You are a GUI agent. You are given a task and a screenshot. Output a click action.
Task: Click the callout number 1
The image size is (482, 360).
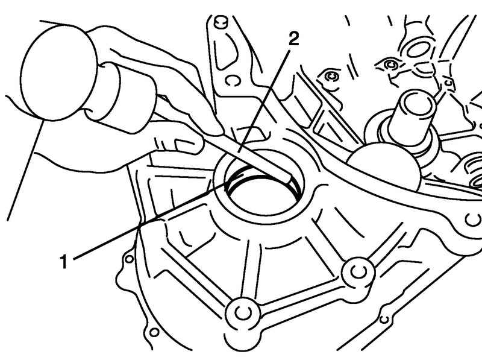[x=63, y=261]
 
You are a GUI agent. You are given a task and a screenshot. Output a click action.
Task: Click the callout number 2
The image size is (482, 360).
[x=294, y=39]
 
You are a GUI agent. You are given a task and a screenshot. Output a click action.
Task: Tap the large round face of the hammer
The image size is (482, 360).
[x=58, y=73]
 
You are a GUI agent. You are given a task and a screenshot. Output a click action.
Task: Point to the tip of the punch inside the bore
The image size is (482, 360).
[x=289, y=179]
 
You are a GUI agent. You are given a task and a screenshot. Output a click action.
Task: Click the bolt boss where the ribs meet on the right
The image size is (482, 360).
[x=358, y=273]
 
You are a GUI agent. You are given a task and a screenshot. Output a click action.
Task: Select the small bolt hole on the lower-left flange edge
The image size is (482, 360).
[x=154, y=332]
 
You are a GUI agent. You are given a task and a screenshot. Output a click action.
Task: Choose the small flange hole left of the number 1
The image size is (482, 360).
[x=130, y=259]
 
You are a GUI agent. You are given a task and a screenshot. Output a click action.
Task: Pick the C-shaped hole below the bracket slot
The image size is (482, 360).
[x=233, y=80]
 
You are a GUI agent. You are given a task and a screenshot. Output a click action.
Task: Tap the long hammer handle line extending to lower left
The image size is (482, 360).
[x=25, y=171]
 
